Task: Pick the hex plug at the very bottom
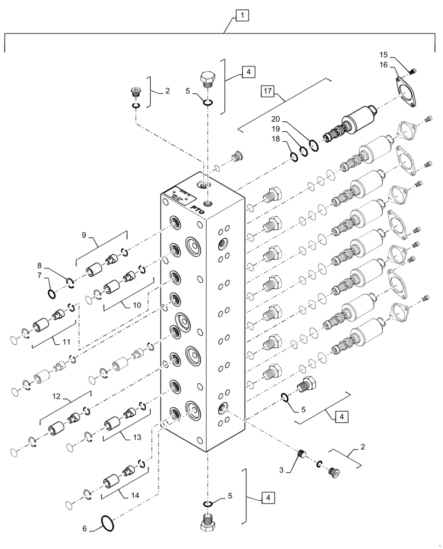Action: pos(207,524)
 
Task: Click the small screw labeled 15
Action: pos(413,70)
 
